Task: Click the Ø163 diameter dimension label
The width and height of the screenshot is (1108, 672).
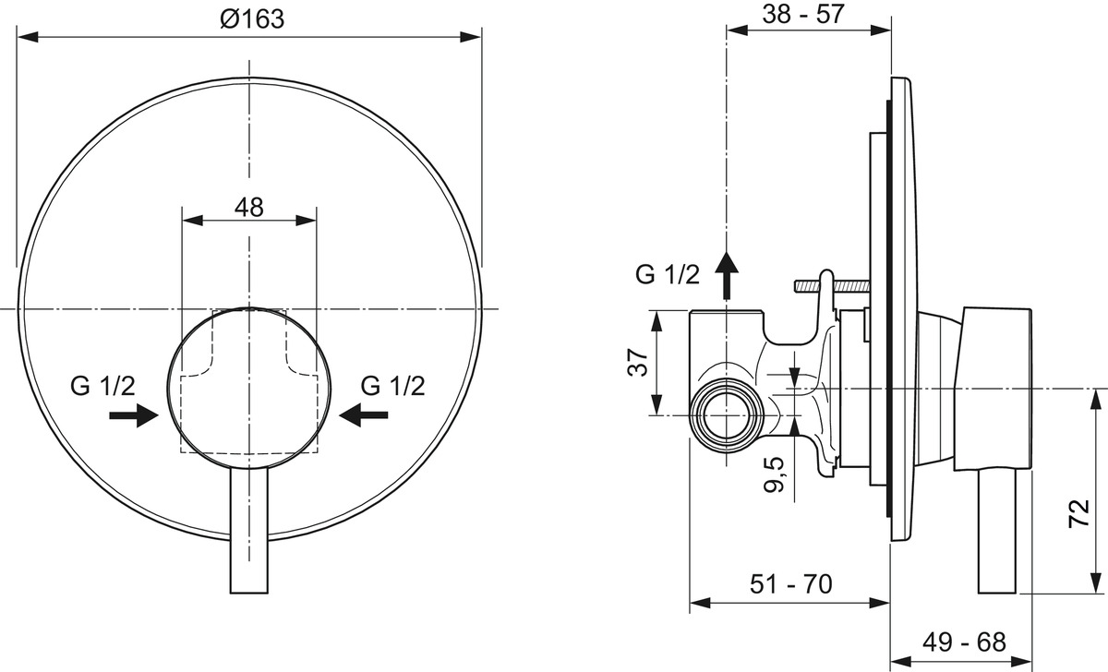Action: pyautogui.click(x=252, y=19)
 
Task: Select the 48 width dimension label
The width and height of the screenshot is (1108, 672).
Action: pyautogui.click(x=248, y=208)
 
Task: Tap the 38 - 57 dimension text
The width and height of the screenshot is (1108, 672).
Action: pyautogui.click(x=802, y=14)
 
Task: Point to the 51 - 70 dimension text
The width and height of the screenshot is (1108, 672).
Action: pyautogui.click(x=791, y=584)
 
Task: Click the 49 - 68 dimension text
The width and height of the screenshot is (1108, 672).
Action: pyautogui.click(x=964, y=642)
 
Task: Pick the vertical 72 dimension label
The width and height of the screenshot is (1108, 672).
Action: pyautogui.click(x=1079, y=514)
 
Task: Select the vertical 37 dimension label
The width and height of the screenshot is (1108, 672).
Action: pyautogui.click(x=638, y=363)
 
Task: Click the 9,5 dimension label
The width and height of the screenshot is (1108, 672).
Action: pyautogui.click(x=774, y=474)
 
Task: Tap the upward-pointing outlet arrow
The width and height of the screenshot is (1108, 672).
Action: pyautogui.click(x=727, y=275)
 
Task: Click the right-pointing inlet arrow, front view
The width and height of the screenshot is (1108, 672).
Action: pyautogui.click(x=134, y=414)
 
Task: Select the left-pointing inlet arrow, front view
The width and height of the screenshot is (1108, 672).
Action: pyautogui.click(x=364, y=414)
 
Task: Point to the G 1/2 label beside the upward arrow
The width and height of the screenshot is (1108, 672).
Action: pyautogui.click(x=668, y=275)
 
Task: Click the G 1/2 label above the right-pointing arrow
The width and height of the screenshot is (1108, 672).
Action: pyautogui.click(x=102, y=386)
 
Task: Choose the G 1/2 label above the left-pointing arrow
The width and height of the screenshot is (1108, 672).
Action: pyautogui.click(x=393, y=386)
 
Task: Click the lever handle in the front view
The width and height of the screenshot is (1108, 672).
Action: pyautogui.click(x=249, y=530)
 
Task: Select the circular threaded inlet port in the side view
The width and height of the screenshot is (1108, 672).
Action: pyautogui.click(x=726, y=415)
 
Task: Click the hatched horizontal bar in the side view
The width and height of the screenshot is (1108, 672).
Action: pyautogui.click(x=832, y=286)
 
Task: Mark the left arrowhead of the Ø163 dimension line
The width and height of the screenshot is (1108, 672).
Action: pyautogui.click(x=28, y=37)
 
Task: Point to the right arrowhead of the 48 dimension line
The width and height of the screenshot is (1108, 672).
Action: pyautogui.click(x=307, y=221)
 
